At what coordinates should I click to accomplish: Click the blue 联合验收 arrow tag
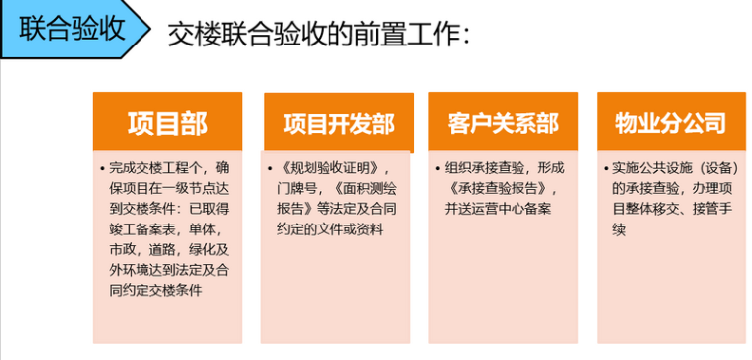(x=74, y=29)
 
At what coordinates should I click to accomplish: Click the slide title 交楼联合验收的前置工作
(x=319, y=35)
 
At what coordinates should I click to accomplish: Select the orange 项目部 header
(x=167, y=122)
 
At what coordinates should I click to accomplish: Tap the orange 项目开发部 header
(x=338, y=123)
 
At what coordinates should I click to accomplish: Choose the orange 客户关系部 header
(x=503, y=122)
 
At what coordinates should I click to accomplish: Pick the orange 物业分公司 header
(x=671, y=122)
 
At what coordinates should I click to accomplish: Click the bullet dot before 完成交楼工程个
(x=102, y=169)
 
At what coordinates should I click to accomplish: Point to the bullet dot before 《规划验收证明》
(x=270, y=169)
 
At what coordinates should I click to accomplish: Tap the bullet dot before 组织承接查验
(x=438, y=169)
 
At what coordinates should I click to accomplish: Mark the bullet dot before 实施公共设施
(x=606, y=169)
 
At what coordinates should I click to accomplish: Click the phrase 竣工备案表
(x=140, y=230)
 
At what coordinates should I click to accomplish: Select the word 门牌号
(x=295, y=189)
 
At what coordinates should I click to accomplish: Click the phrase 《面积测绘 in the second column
(x=366, y=189)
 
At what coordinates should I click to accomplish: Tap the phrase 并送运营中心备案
(x=498, y=210)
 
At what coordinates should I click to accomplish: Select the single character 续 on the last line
(x=619, y=230)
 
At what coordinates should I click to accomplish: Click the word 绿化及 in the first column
(x=211, y=250)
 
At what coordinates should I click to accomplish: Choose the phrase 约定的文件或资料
(x=330, y=230)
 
